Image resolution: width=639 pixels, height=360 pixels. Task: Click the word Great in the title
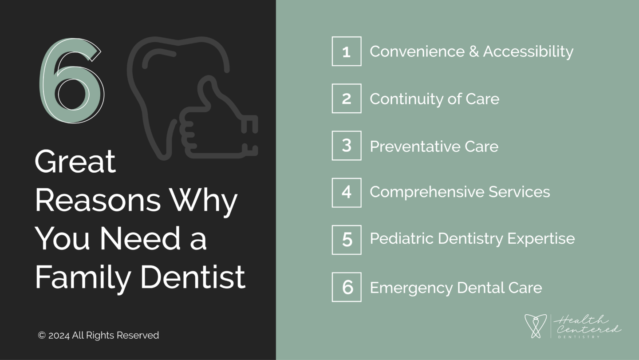click(75, 162)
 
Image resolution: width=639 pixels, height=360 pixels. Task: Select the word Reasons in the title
click(98, 200)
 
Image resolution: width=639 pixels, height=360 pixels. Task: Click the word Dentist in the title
click(193, 277)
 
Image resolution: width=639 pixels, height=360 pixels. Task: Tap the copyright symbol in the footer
click(42, 335)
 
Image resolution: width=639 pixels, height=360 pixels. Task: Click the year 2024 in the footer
click(59, 336)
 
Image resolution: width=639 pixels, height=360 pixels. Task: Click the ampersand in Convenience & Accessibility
click(474, 51)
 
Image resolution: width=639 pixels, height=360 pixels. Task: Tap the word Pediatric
click(402, 238)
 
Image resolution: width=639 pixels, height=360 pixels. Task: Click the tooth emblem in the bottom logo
click(536, 326)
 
